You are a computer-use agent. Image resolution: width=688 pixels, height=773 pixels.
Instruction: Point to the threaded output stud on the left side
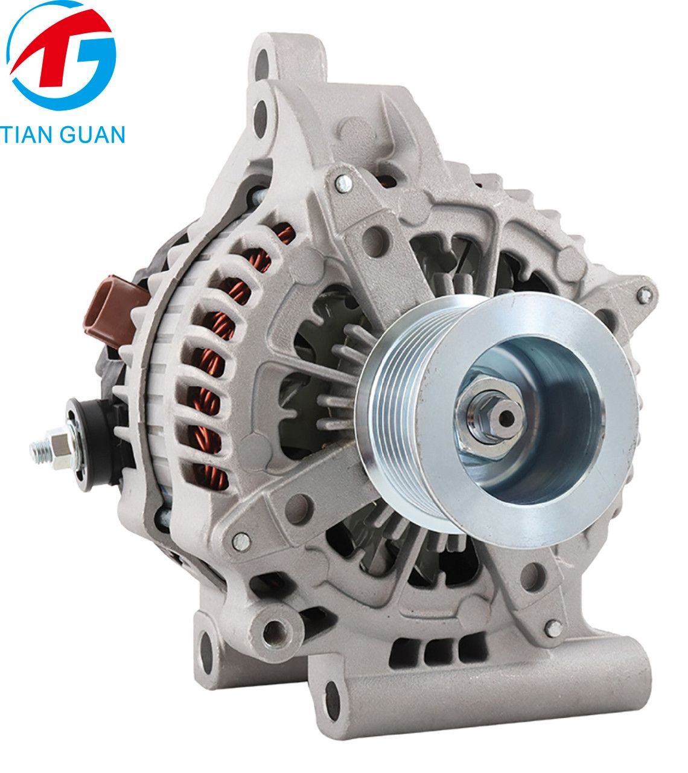click(x=49, y=448)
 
